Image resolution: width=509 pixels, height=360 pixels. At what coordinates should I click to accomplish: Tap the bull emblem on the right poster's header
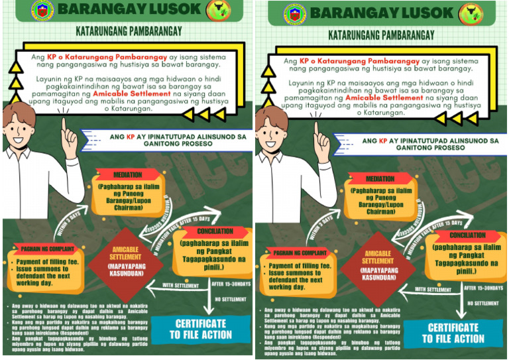point(490,13)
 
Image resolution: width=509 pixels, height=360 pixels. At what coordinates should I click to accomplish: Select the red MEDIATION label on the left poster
point(127,175)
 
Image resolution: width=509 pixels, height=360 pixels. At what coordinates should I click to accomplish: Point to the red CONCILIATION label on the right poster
point(468,235)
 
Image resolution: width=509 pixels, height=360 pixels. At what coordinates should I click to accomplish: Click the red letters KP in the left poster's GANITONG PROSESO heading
point(131,138)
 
